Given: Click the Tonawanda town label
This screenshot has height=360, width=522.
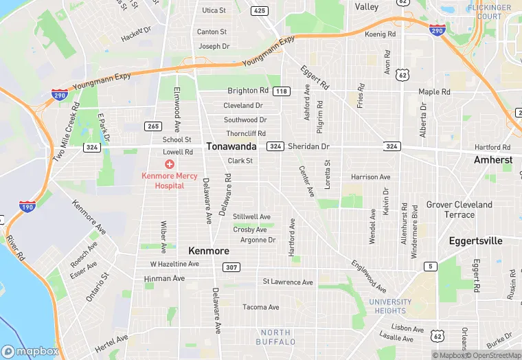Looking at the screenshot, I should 231,146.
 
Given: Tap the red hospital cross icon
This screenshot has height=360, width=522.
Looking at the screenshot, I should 169,164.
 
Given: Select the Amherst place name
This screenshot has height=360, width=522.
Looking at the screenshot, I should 493,159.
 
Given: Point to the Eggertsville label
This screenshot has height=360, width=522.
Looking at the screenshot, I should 475,241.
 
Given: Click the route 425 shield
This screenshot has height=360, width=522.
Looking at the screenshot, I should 259,10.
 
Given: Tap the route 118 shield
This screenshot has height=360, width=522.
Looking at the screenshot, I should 281,91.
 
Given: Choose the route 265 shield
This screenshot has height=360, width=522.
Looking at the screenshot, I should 152,126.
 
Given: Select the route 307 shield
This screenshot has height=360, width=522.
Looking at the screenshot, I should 232,267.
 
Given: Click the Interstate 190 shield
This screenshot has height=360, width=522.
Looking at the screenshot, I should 27,207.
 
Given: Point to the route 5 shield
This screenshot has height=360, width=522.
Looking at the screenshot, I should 431,266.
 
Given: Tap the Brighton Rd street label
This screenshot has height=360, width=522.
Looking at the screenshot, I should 248,91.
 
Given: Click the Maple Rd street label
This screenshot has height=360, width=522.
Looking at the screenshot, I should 434,91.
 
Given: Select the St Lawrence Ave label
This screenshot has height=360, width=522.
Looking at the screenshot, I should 288,282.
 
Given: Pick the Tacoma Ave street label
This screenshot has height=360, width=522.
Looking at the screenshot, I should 261,307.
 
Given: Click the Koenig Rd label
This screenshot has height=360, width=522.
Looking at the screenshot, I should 381,34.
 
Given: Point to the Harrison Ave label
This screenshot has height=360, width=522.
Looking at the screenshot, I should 370,177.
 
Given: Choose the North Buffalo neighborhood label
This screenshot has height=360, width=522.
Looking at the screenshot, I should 275,337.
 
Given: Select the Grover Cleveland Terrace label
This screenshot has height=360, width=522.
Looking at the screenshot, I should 459,210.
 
